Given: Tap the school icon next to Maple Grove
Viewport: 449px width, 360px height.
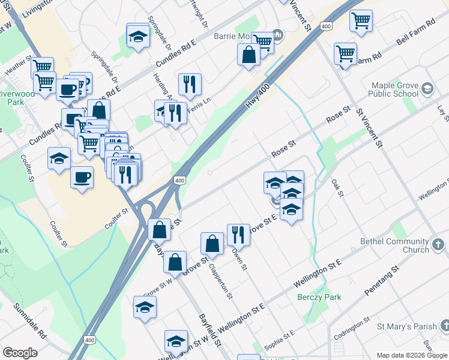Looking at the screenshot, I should point(427,89).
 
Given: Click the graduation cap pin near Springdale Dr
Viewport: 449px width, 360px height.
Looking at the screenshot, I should point(138,37).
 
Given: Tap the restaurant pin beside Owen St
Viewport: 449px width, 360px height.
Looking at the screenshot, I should point(238,236).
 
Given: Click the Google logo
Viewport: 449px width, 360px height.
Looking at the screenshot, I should point(20,353).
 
